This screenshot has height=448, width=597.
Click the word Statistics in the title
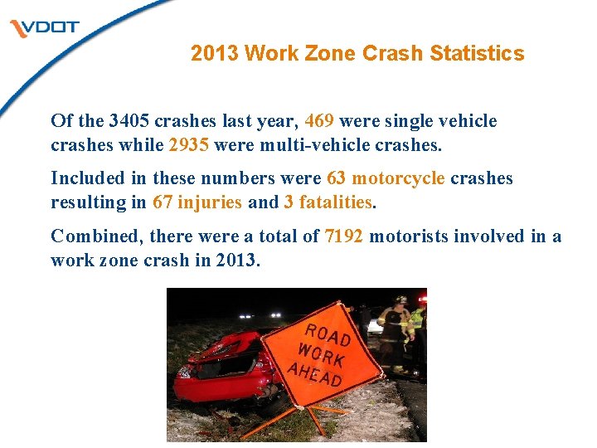coord(477,54)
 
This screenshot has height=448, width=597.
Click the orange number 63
coord(336,178)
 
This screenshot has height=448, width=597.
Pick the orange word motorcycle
coord(399,178)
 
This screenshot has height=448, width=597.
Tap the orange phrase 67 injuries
coord(197,202)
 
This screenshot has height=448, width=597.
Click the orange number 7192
coord(344,236)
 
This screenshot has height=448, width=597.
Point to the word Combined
coord(97,236)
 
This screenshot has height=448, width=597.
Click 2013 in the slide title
coord(215,54)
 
